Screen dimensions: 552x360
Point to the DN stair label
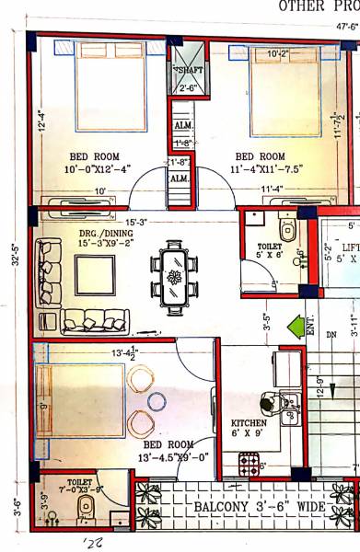point(331,336)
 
